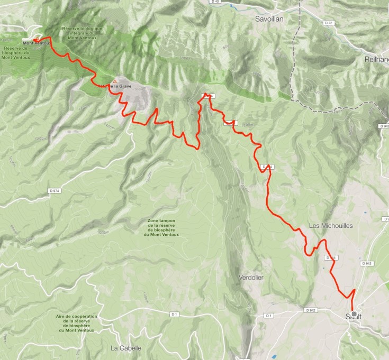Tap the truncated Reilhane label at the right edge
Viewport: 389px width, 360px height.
click(x=376, y=60)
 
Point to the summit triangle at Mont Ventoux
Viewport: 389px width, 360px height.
click(x=37, y=38)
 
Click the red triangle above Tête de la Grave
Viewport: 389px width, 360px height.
click(x=114, y=81)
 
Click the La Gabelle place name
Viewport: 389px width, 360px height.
click(x=125, y=348)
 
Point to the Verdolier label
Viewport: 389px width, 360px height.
click(x=251, y=277)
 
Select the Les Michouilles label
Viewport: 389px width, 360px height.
click(x=330, y=226)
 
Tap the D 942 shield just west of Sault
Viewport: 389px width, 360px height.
click(x=311, y=310)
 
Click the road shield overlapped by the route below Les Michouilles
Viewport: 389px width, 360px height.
click(x=330, y=258)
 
